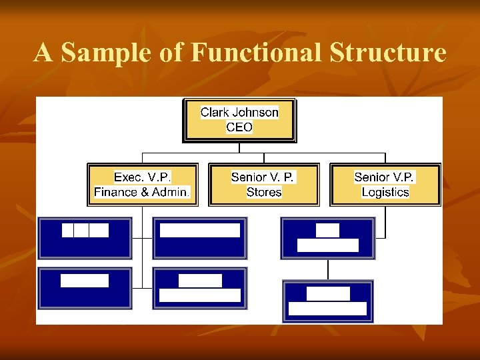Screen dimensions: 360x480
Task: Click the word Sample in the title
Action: (x=107, y=53)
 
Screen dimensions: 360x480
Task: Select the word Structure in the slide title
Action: (x=387, y=53)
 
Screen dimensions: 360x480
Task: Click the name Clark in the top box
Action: (x=215, y=112)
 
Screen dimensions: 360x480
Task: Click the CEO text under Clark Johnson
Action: (x=239, y=127)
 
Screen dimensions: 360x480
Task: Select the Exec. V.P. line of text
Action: (x=143, y=177)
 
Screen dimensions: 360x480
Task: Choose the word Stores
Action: (x=264, y=192)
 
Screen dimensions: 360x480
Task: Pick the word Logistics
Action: (x=385, y=192)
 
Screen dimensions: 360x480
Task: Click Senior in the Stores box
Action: (x=248, y=177)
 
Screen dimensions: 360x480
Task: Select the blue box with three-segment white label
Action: (x=85, y=238)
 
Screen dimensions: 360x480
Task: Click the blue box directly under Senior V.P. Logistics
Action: (x=327, y=238)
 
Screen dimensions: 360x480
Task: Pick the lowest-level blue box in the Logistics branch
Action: (x=327, y=301)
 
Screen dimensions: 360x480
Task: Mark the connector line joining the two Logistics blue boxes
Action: (x=327, y=269)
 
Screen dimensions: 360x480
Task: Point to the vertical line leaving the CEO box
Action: (x=239, y=147)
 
